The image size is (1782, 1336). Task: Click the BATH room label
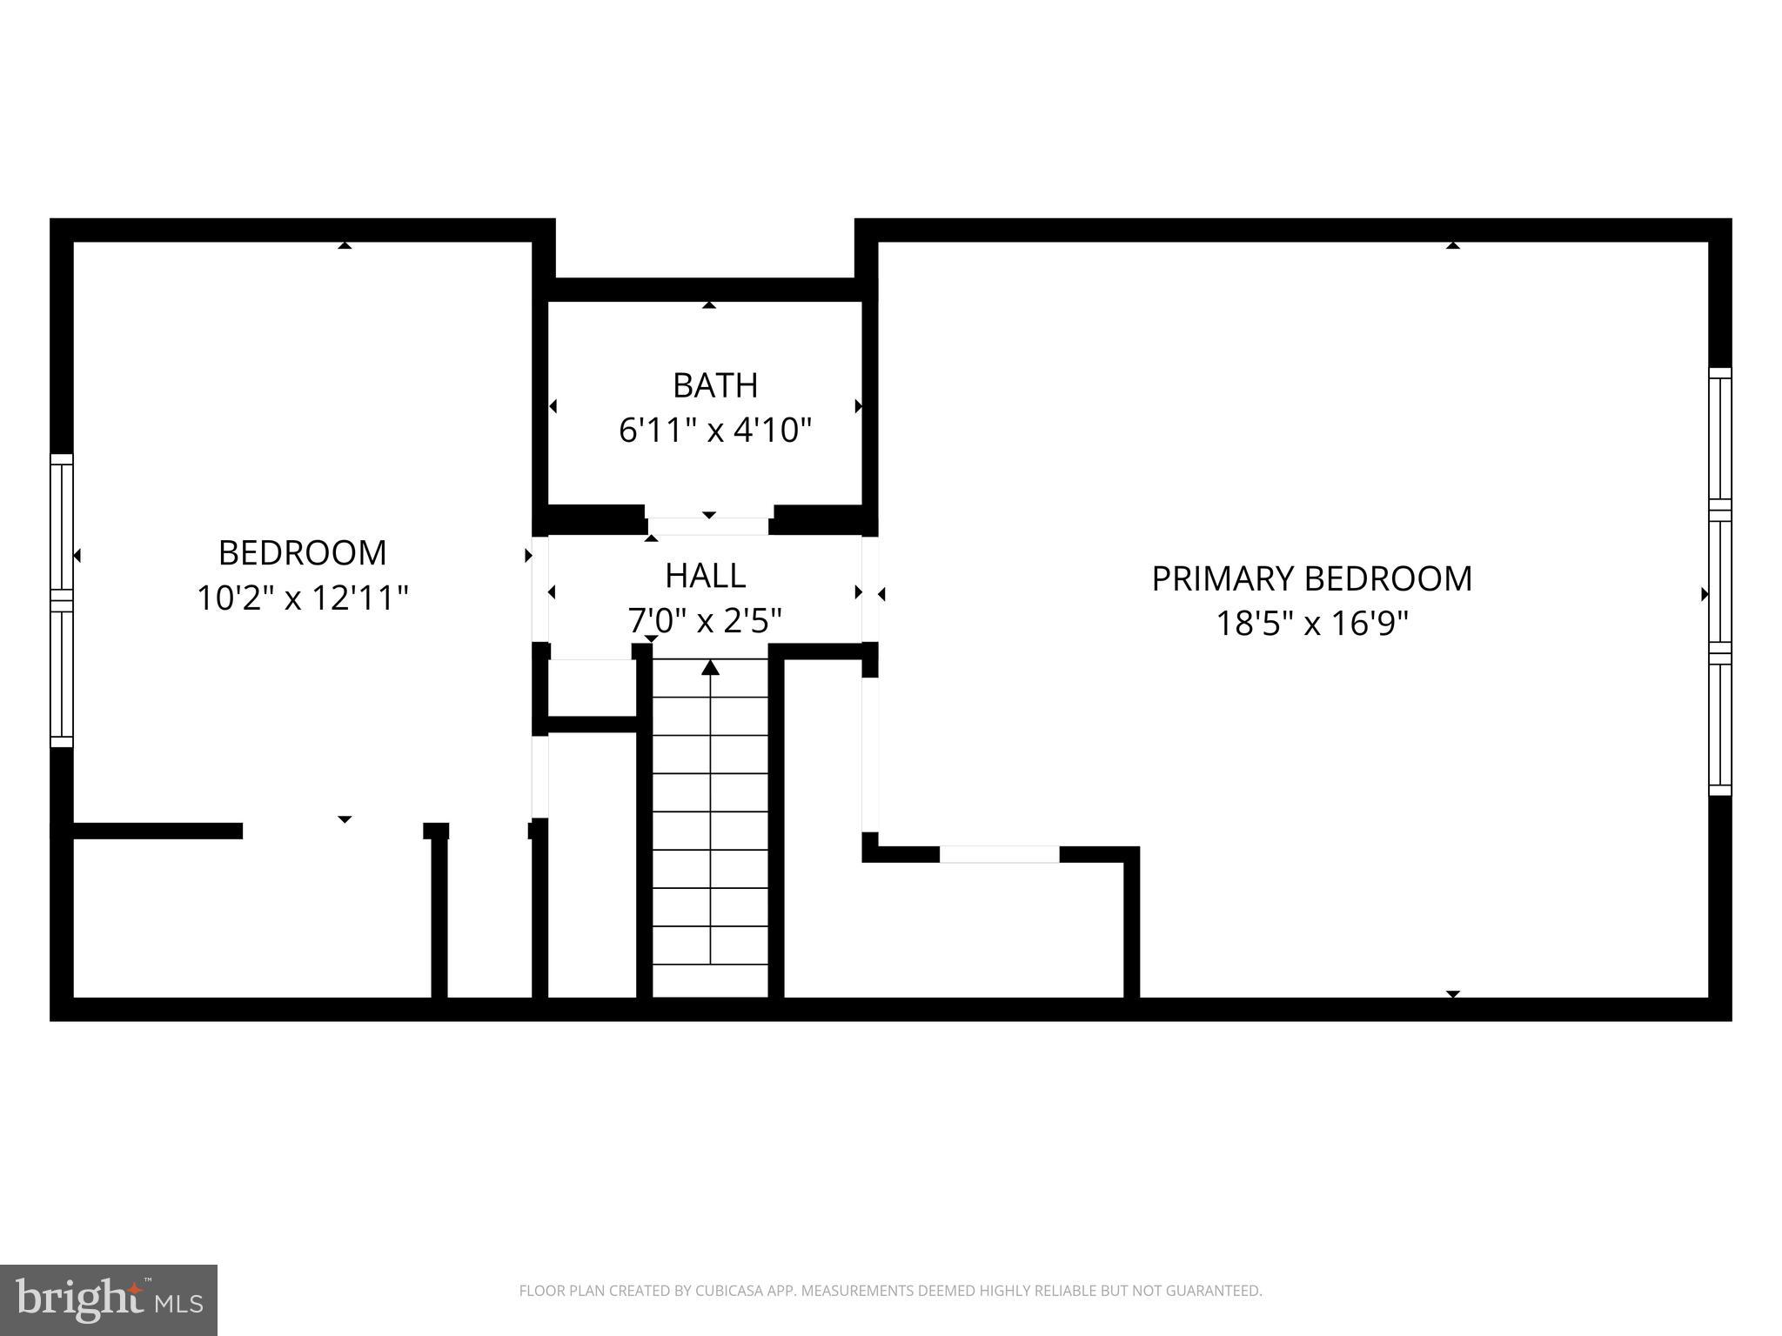point(715,385)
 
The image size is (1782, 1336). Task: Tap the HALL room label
point(705,576)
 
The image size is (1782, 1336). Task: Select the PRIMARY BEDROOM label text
point(1311,579)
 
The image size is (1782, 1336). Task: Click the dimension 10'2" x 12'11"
point(302,598)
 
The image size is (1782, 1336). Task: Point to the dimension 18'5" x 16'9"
point(1311,624)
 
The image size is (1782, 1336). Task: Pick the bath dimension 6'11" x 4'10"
point(715,431)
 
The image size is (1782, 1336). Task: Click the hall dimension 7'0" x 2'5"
point(705,621)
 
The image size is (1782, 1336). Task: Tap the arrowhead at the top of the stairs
point(711,667)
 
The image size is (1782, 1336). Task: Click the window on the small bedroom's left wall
point(62,600)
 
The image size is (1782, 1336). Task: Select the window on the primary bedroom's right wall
point(1719,581)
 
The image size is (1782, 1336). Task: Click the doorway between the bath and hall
point(708,526)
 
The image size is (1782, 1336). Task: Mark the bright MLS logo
point(108,1299)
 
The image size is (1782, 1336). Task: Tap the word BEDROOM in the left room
point(302,553)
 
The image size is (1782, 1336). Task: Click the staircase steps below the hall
point(711,826)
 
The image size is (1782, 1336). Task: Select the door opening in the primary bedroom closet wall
point(999,854)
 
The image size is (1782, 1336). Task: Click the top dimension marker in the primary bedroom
point(1452,245)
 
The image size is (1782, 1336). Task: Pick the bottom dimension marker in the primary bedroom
point(1452,993)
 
